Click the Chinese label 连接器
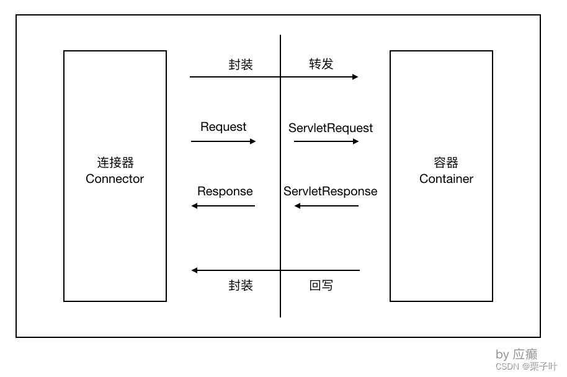[115, 162]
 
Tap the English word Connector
[115, 179]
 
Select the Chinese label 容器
[446, 162]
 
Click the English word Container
[446, 179]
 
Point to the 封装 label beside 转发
[241, 64]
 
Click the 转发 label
[321, 64]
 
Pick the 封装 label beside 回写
[241, 285]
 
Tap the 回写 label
[321, 285]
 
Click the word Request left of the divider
[223, 127]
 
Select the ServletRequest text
[331, 128]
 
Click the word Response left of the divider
[225, 191]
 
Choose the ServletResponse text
[330, 191]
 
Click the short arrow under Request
[223, 141]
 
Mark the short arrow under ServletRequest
[326, 141]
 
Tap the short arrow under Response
[223, 206]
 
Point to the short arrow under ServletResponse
[326, 206]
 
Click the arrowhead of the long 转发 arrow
[355, 77]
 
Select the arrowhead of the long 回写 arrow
[195, 270]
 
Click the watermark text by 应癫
[516, 354]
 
